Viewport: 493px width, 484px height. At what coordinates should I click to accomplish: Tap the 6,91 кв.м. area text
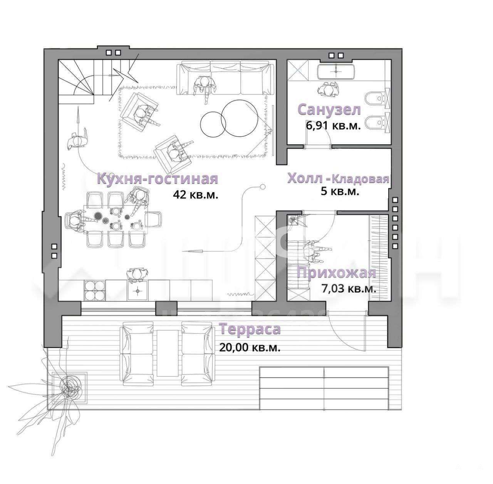(333, 126)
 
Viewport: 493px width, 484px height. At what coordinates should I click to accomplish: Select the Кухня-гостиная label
(158, 178)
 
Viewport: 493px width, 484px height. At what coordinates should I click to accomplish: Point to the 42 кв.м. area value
(196, 195)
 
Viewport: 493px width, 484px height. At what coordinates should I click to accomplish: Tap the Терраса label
(250, 329)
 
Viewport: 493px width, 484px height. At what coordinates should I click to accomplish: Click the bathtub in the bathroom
(336, 71)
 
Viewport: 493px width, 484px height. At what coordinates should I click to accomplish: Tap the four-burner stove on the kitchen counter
(95, 291)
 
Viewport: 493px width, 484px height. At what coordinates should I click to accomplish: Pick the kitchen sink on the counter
(138, 291)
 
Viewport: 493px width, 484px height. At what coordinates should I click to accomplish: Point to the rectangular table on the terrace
(168, 353)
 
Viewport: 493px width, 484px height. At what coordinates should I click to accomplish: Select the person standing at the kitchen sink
(138, 274)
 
